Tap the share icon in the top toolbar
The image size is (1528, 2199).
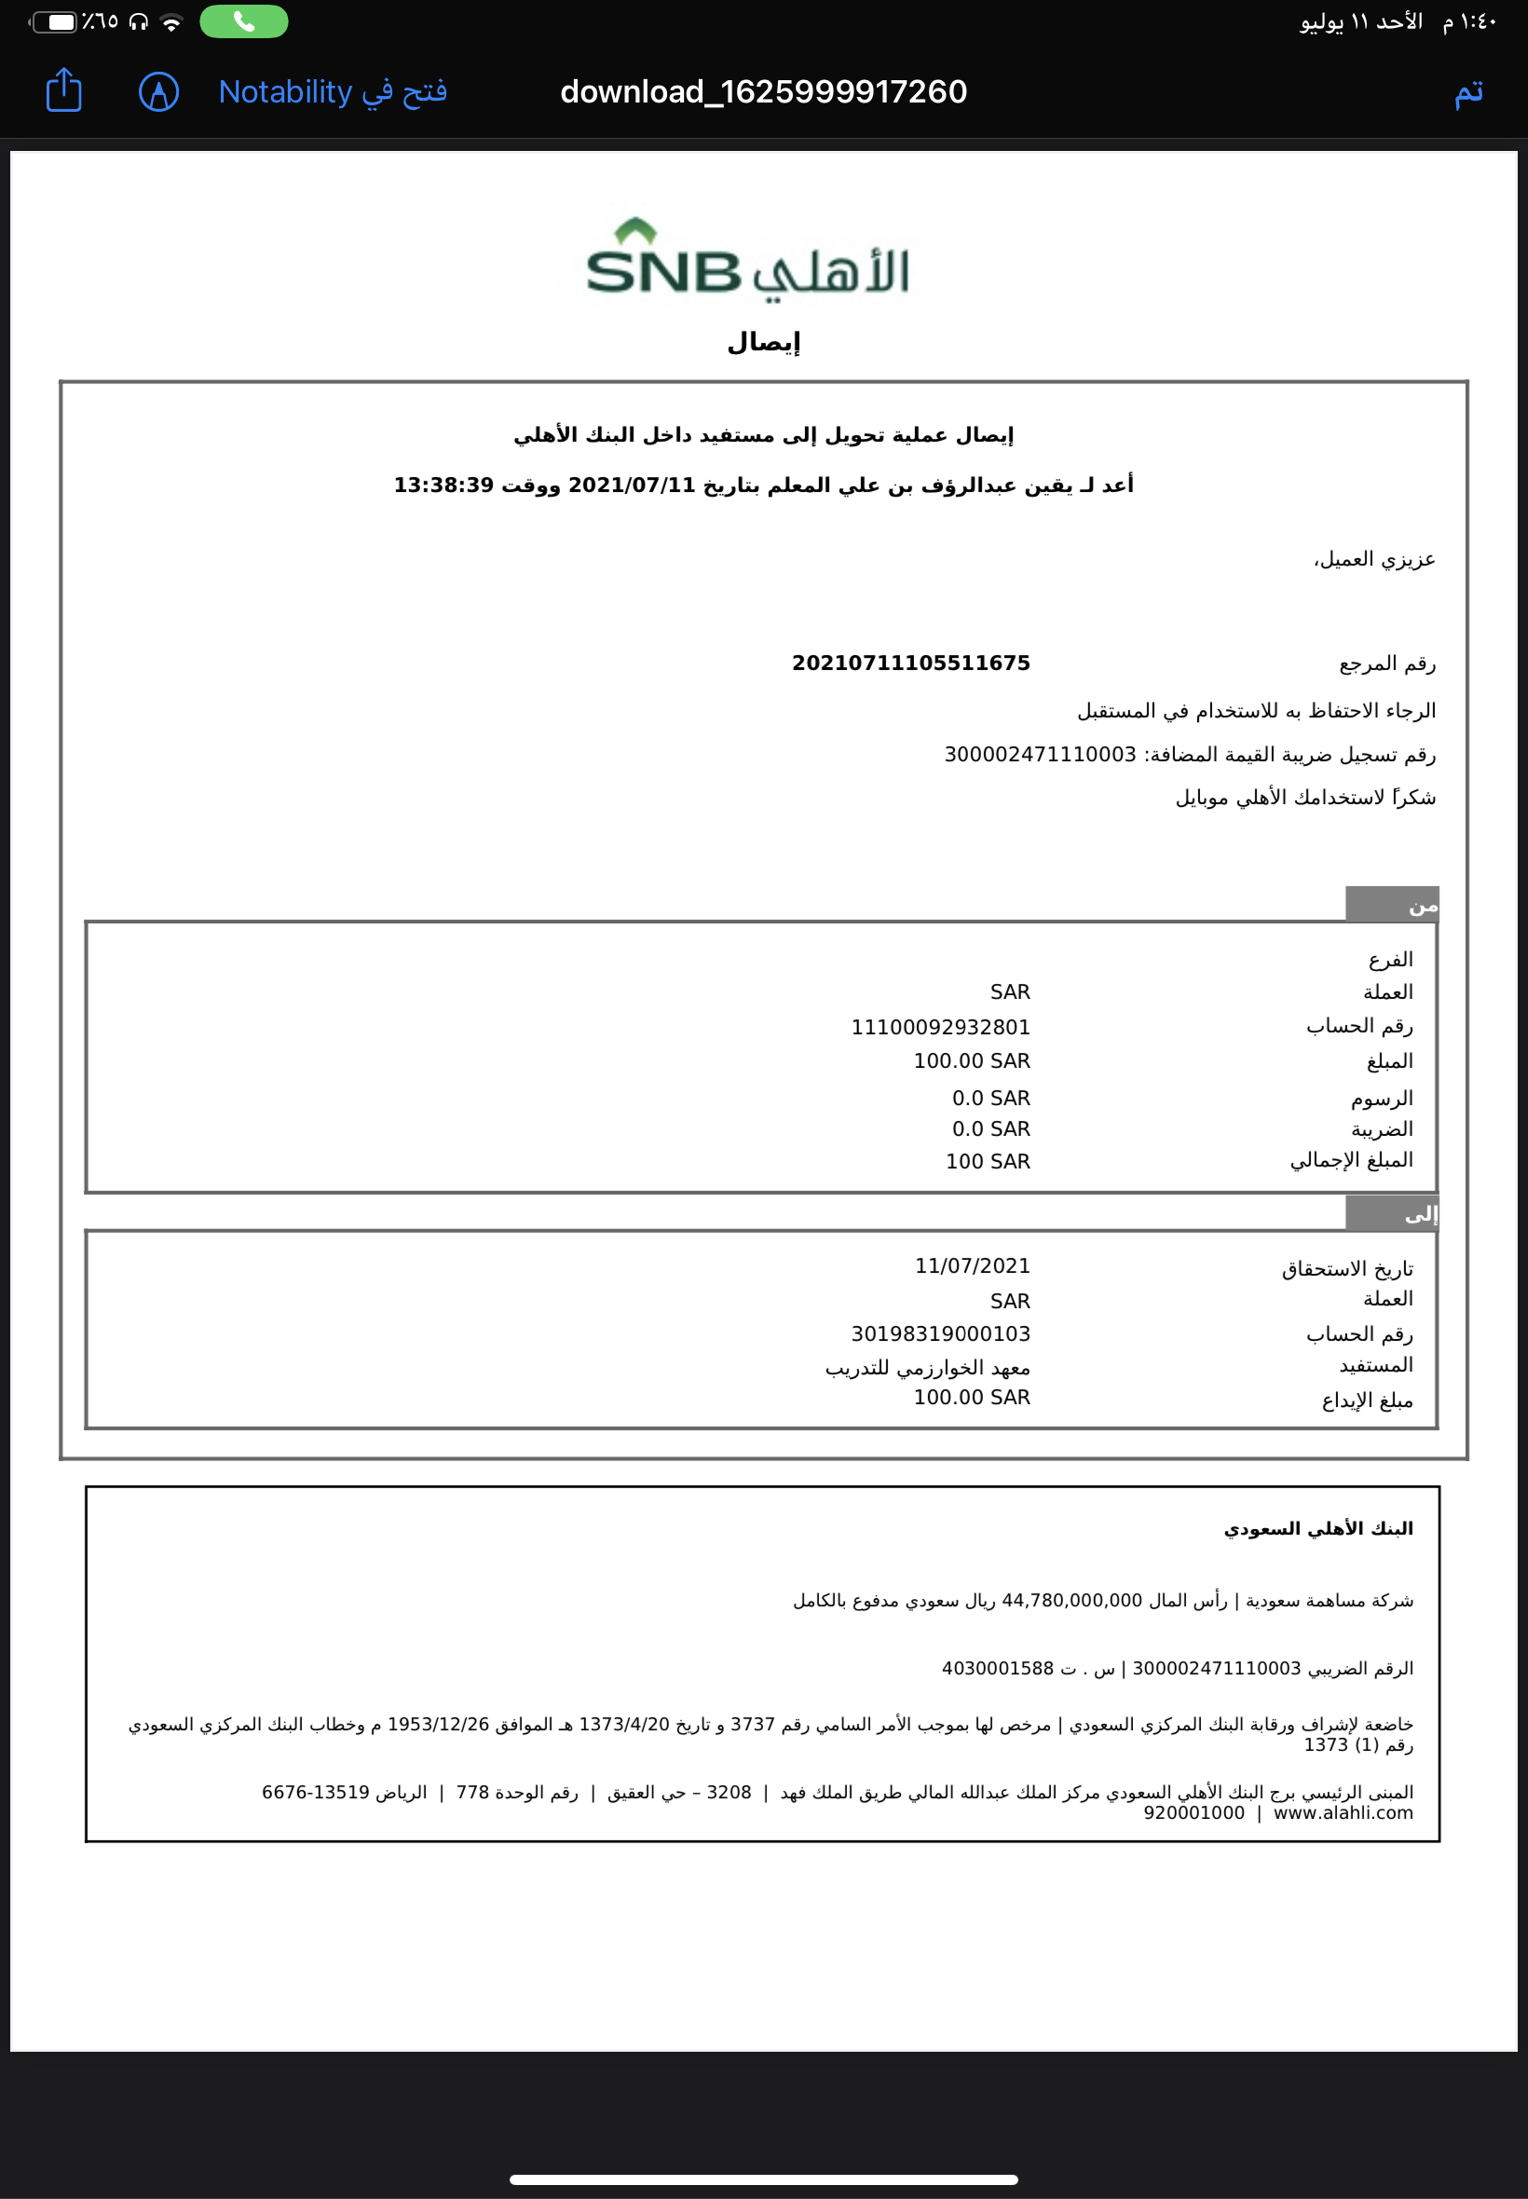[x=64, y=91]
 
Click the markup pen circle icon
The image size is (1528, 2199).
[x=159, y=92]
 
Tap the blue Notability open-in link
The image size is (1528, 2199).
[x=333, y=92]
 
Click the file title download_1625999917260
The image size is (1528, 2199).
[x=763, y=92]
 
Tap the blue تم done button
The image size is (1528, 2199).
[x=1467, y=93]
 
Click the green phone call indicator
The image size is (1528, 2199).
[x=243, y=21]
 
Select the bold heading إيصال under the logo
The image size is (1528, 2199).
[x=763, y=342]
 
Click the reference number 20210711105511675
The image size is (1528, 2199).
[x=910, y=662]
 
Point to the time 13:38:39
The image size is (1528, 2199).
[x=443, y=485]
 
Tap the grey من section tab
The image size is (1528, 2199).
[x=1391, y=905]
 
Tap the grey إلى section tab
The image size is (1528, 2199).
[x=1391, y=1214]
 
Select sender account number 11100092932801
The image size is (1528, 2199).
[x=940, y=1027]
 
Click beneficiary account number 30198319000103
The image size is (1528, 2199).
[x=940, y=1333]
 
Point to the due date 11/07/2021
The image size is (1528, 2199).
[x=972, y=1265]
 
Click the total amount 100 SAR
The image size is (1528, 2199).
[x=987, y=1161]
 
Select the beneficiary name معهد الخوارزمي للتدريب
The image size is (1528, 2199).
[x=927, y=1367]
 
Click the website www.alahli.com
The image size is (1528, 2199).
[x=1343, y=1812]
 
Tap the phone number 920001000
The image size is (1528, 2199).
[x=1193, y=1812]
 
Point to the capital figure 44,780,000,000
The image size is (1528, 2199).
[x=1071, y=1601]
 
